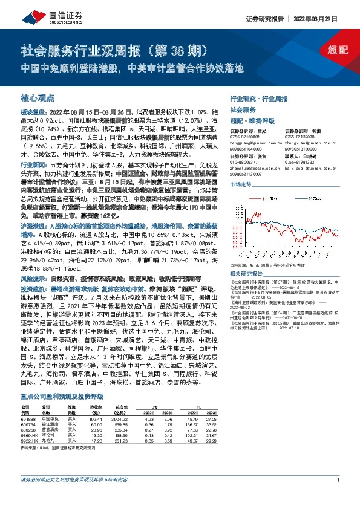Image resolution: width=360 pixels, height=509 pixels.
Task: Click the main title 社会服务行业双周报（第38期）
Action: [115, 51]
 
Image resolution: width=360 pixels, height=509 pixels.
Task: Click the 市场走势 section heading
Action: [240, 184]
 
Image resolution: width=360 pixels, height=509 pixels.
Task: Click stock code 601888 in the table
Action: [28, 418]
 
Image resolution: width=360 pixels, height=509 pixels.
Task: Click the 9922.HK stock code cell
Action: [30, 443]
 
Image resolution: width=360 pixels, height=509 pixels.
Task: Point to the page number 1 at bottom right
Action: [337, 496]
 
